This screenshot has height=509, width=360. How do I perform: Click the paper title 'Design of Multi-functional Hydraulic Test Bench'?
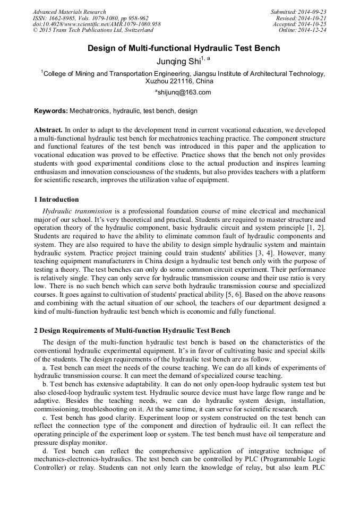pyautogui.click(x=183, y=48)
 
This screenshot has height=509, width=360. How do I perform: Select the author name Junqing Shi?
pyautogui.click(x=179, y=62)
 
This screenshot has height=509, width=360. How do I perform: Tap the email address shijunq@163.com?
pyautogui.click(x=183, y=92)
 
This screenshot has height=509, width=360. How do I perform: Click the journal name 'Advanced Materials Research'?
pyautogui.click(x=69, y=12)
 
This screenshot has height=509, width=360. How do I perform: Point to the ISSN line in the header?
pyautogui.click(x=90, y=18)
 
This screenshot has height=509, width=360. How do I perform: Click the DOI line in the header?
pyautogui.click(x=96, y=24)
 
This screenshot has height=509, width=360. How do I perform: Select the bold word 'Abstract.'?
pyautogui.click(x=48, y=130)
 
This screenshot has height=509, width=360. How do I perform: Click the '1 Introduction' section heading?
pyautogui.click(x=56, y=200)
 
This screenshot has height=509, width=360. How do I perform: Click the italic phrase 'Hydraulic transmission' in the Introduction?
pyautogui.click(x=77, y=211)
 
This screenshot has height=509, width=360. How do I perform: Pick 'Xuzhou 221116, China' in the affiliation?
pyautogui.click(x=179, y=82)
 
